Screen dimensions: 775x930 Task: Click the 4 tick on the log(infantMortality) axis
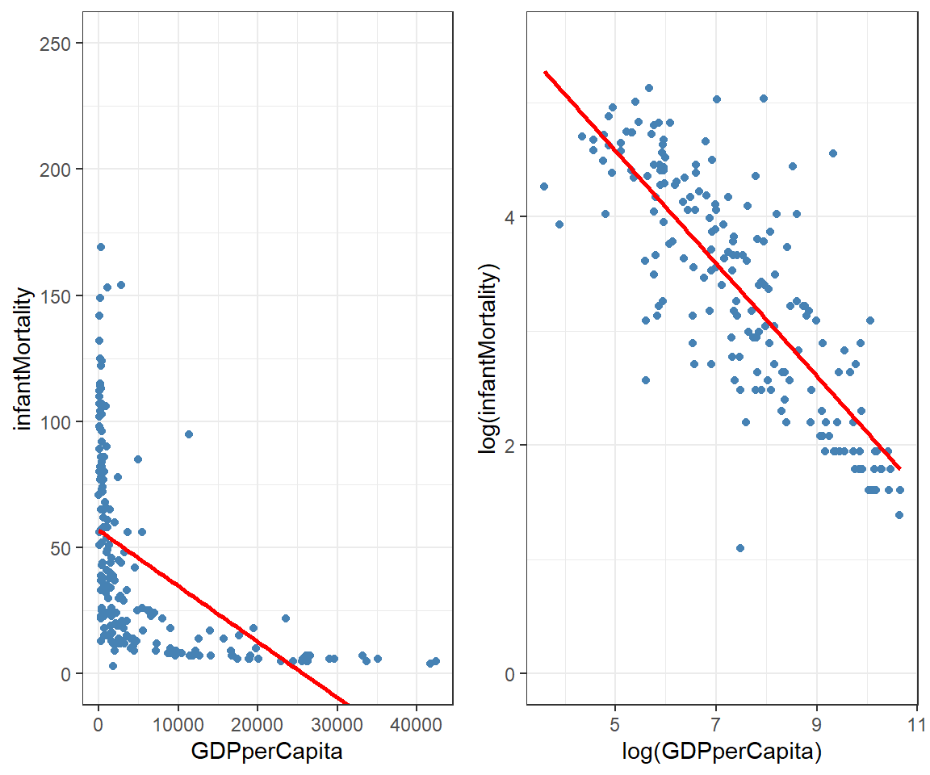[510, 216]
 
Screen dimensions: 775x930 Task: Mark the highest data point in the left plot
[101, 247]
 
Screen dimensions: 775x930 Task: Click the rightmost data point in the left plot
[436, 661]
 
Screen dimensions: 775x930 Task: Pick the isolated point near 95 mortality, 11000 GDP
[189, 434]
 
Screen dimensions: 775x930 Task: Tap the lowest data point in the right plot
[739, 548]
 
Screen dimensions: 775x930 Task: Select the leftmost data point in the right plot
[544, 186]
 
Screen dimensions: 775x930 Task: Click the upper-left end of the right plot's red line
[546, 73]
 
